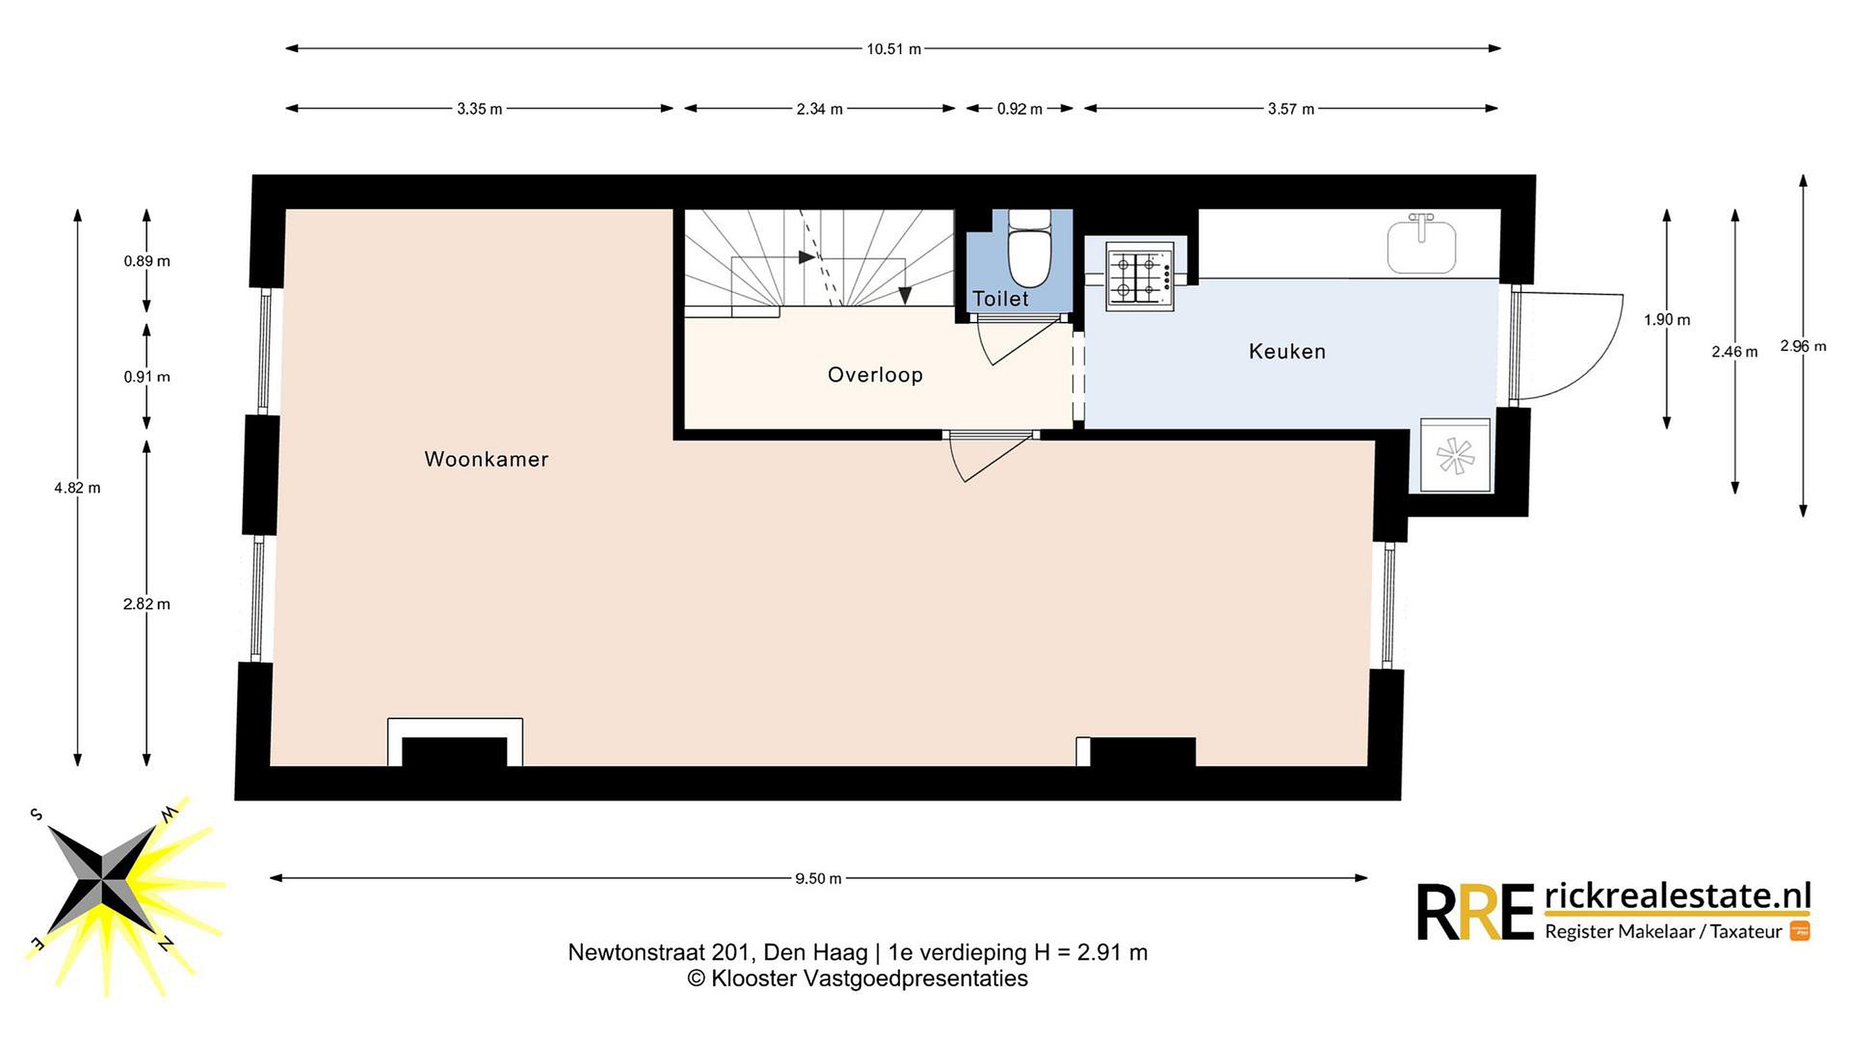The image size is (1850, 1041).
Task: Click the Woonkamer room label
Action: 486,459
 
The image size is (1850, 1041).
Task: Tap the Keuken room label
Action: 1287,351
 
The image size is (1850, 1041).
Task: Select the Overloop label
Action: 875,374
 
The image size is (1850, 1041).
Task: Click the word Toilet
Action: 1000,298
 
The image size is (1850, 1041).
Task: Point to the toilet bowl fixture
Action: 1030,248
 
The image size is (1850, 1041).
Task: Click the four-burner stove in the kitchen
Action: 1140,276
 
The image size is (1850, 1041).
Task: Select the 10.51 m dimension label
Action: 894,49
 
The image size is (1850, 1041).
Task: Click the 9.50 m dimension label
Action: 818,878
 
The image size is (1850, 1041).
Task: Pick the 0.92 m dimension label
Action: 1019,109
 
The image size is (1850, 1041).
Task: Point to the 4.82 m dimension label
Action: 78,488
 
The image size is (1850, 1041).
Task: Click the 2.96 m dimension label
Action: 1802,346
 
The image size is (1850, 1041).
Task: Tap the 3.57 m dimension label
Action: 1291,109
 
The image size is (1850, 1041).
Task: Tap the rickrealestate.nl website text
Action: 1678,896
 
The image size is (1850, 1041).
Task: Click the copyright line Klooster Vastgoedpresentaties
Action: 858,979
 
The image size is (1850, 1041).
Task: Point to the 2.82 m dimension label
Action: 146,604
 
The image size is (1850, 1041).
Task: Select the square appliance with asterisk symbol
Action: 1455,456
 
